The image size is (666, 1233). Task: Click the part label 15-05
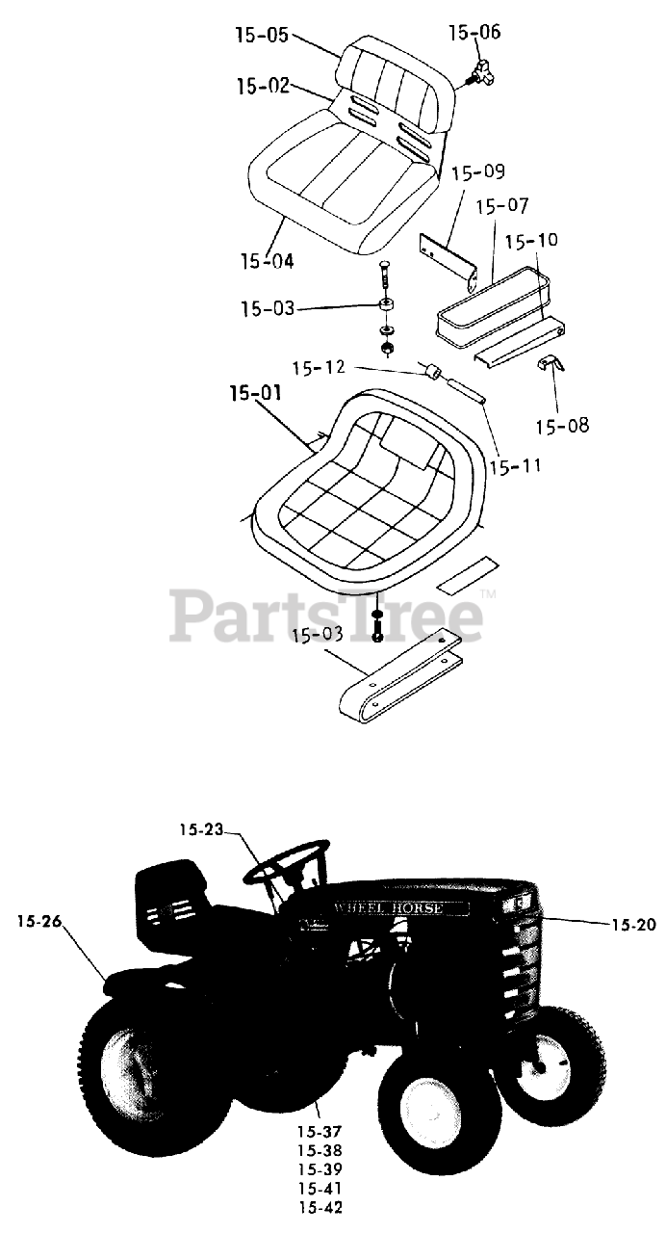pyautogui.click(x=261, y=37)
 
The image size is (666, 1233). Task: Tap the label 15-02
pyautogui.click(x=262, y=86)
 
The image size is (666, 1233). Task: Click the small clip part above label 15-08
pyautogui.click(x=549, y=365)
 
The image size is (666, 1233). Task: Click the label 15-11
pyautogui.click(x=515, y=466)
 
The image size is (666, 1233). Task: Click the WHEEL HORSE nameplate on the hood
pyautogui.click(x=392, y=908)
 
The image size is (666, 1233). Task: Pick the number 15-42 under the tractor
pyautogui.click(x=320, y=1206)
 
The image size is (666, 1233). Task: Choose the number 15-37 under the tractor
pyautogui.click(x=320, y=1132)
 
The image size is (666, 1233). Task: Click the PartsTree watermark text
pyautogui.click(x=327, y=614)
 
